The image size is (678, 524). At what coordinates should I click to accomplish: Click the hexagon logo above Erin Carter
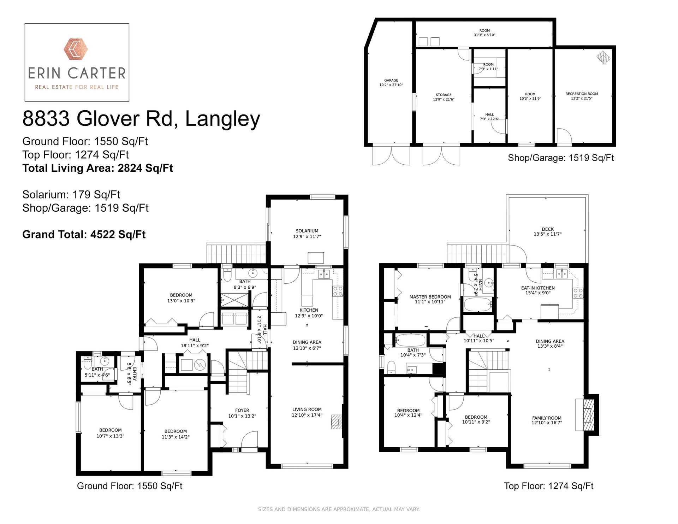(x=77, y=49)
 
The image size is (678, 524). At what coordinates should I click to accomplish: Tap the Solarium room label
(x=307, y=234)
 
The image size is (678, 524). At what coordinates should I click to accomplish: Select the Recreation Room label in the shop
(x=582, y=96)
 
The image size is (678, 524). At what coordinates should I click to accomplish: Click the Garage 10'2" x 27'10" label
(x=391, y=83)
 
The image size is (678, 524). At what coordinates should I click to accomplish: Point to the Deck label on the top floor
(x=548, y=231)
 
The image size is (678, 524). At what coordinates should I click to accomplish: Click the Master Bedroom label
(x=430, y=299)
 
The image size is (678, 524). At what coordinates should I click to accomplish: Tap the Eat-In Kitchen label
(x=538, y=290)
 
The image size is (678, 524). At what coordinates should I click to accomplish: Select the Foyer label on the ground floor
(x=242, y=413)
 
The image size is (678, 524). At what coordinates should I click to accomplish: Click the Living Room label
(x=307, y=412)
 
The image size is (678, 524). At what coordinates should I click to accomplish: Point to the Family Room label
(x=547, y=420)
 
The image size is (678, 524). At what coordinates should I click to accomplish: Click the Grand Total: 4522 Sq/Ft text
(x=84, y=235)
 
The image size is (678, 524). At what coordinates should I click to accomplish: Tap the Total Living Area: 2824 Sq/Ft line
(x=97, y=168)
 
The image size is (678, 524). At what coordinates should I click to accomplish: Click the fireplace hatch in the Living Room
(x=336, y=422)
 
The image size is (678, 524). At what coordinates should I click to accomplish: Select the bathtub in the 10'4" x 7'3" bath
(x=410, y=341)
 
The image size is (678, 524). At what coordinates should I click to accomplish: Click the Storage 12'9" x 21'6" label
(x=444, y=97)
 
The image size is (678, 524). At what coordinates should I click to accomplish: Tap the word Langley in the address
(x=222, y=119)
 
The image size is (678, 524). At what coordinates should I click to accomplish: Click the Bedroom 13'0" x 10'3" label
(x=181, y=298)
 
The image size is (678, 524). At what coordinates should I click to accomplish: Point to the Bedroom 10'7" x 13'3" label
(x=110, y=433)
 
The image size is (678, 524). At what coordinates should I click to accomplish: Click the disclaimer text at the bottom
(x=339, y=510)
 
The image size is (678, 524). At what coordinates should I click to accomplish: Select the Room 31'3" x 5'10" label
(x=484, y=33)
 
